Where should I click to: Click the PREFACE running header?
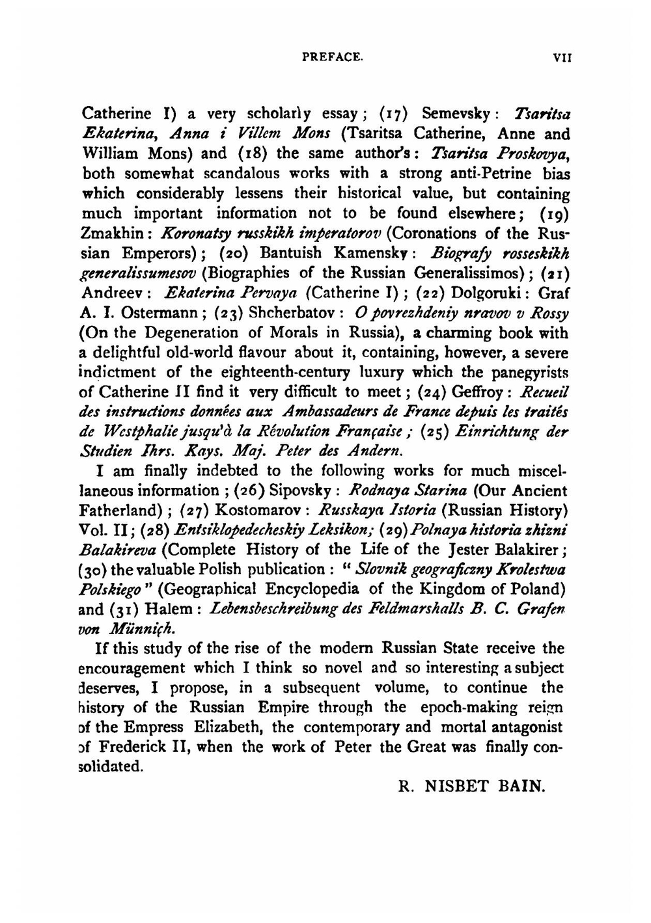(x=332, y=57)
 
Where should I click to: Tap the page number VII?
(x=561, y=57)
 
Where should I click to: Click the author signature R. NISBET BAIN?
(x=471, y=787)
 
